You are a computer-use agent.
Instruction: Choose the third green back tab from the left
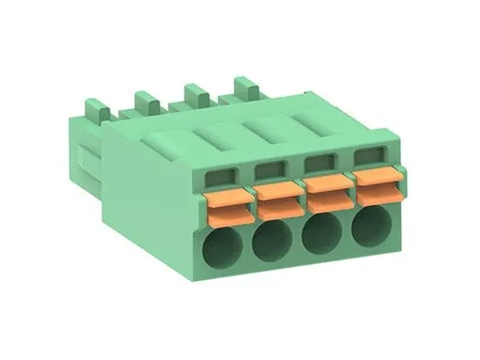coord(193,93)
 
